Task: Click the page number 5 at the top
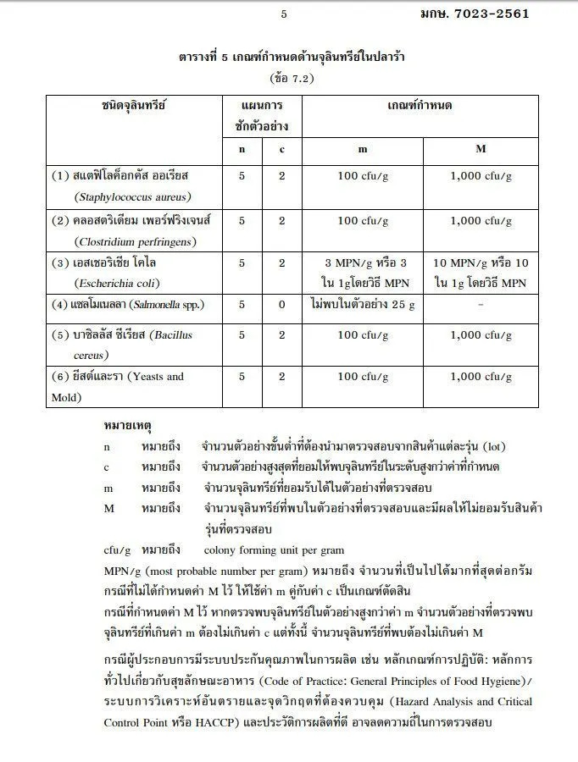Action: (x=283, y=14)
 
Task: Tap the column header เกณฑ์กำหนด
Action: (x=419, y=106)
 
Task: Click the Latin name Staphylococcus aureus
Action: (x=132, y=196)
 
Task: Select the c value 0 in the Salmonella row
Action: (x=282, y=305)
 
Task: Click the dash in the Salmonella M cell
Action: (x=481, y=305)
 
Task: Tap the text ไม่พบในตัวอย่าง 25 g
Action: (x=362, y=305)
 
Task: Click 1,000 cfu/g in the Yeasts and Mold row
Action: (x=481, y=377)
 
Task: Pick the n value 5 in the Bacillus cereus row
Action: (x=242, y=335)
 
